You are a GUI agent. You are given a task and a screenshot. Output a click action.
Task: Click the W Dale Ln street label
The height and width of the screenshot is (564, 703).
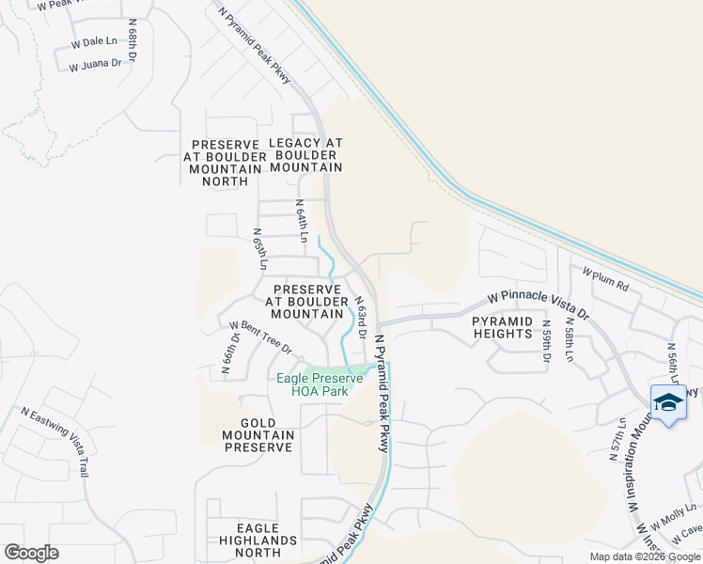pyautogui.click(x=95, y=42)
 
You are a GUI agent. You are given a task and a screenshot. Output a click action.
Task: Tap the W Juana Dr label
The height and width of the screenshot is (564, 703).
pyautogui.click(x=95, y=65)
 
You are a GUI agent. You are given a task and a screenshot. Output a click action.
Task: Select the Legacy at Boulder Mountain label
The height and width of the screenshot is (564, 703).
pyautogui.click(x=305, y=154)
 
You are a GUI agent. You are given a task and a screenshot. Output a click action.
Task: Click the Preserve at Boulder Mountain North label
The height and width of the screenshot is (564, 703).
pyautogui.click(x=224, y=162)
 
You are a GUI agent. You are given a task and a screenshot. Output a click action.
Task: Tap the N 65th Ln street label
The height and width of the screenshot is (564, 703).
pyautogui.click(x=260, y=249)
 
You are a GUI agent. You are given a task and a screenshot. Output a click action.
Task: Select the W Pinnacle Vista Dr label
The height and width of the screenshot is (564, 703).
pyautogui.click(x=538, y=304)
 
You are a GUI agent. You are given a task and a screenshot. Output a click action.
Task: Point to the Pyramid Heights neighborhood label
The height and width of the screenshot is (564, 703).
pyautogui.click(x=502, y=327)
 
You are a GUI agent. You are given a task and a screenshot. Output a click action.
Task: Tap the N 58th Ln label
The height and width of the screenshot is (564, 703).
pyautogui.click(x=570, y=340)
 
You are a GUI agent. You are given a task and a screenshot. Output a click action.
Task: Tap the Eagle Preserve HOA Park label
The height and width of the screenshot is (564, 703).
pyautogui.click(x=320, y=384)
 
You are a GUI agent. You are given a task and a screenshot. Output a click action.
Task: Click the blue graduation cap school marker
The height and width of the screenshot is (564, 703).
pyautogui.click(x=668, y=402)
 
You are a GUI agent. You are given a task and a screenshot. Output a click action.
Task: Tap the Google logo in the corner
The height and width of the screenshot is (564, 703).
pyautogui.click(x=31, y=553)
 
